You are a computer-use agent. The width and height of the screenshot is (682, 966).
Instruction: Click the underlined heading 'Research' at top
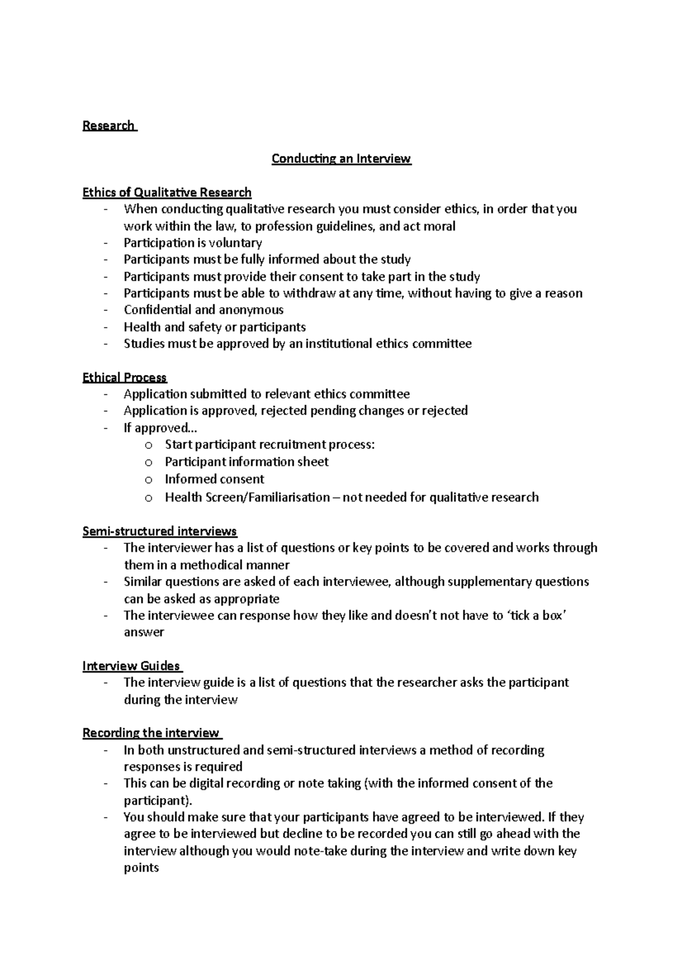109,126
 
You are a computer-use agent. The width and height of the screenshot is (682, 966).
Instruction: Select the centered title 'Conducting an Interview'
341,159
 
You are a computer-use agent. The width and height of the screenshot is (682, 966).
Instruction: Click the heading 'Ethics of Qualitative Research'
167,192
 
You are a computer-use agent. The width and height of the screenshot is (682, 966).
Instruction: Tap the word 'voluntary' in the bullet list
235,243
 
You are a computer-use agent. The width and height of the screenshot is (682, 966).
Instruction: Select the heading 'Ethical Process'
124,378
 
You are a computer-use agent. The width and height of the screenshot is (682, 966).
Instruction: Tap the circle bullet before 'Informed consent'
149,480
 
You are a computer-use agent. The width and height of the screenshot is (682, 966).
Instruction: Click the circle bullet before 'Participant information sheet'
149,463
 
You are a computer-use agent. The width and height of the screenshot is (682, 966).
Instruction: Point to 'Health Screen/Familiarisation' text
247,497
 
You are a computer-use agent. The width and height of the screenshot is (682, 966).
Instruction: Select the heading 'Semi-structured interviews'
160,531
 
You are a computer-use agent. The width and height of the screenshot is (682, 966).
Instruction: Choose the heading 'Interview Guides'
131,666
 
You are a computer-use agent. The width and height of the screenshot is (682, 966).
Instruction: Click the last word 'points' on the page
141,869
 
